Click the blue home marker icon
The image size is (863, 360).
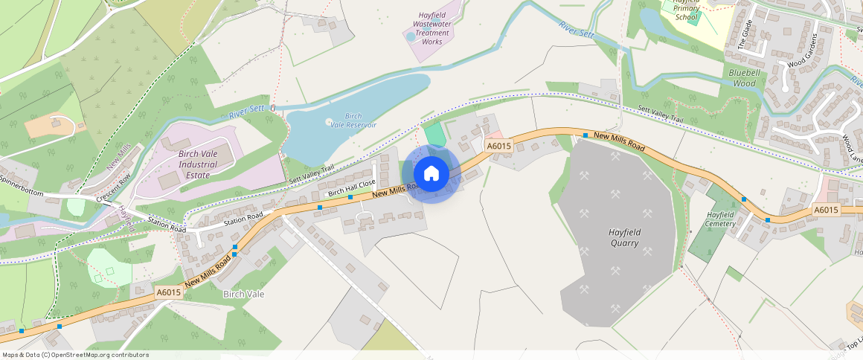point(431,174)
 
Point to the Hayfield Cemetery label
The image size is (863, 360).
point(720,219)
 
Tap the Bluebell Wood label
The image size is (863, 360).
point(742,78)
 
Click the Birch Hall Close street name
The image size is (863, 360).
point(352,189)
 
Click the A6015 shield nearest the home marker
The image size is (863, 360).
point(498,146)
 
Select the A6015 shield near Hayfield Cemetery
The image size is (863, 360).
point(826,210)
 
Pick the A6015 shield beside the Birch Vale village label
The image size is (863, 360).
point(169,293)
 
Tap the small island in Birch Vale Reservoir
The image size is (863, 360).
point(330,121)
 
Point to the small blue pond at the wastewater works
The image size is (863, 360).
point(411,36)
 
